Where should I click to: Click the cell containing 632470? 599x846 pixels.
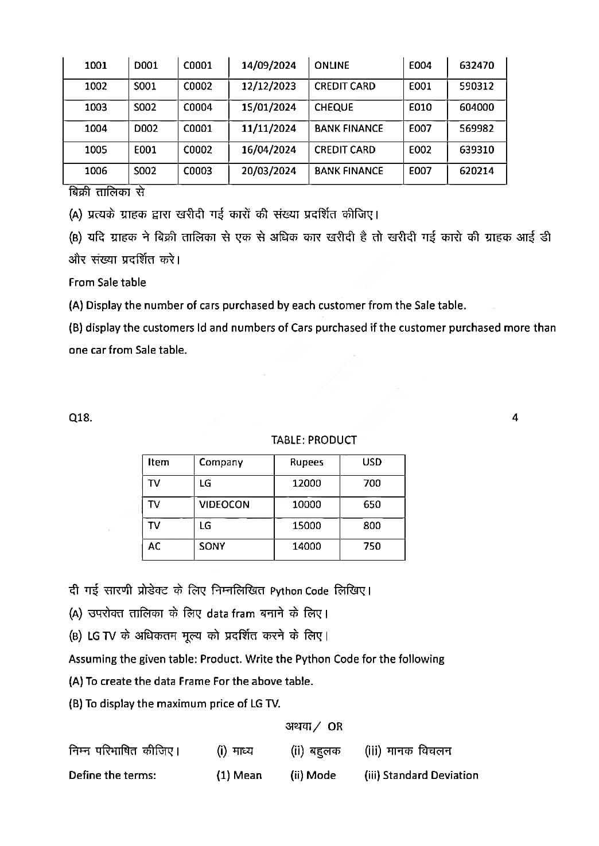(x=476, y=65)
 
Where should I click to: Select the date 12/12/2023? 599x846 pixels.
(x=269, y=87)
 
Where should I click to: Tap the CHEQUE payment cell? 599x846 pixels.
(x=334, y=108)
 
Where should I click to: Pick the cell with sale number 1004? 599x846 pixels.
(x=96, y=129)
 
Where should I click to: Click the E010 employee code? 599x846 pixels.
(x=420, y=108)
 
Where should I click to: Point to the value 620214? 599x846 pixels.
(x=476, y=171)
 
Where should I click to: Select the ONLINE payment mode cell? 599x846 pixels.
(x=332, y=65)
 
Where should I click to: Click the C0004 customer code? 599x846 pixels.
(x=197, y=108)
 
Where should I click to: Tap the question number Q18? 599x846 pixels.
(x=80, y=418)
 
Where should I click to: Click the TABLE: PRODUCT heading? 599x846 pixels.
(x=314, y=440)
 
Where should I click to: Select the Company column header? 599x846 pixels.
(x=221, y=463)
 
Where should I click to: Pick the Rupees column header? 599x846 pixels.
(x=306, y=463)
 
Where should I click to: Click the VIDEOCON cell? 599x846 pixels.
(x=224, y=505)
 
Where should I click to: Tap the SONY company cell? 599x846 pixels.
(x=212, y=547)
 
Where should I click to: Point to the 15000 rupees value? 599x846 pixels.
(x=306, y=526)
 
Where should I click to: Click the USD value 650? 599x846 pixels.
(x=372, y=505)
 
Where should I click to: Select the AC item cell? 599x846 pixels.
(x=154, y=547)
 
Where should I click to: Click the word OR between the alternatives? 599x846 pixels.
(x=335, y=727)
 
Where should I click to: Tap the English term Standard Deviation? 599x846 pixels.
(x=430, y=775)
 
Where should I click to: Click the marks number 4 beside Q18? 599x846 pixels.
(x=515, y=418)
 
